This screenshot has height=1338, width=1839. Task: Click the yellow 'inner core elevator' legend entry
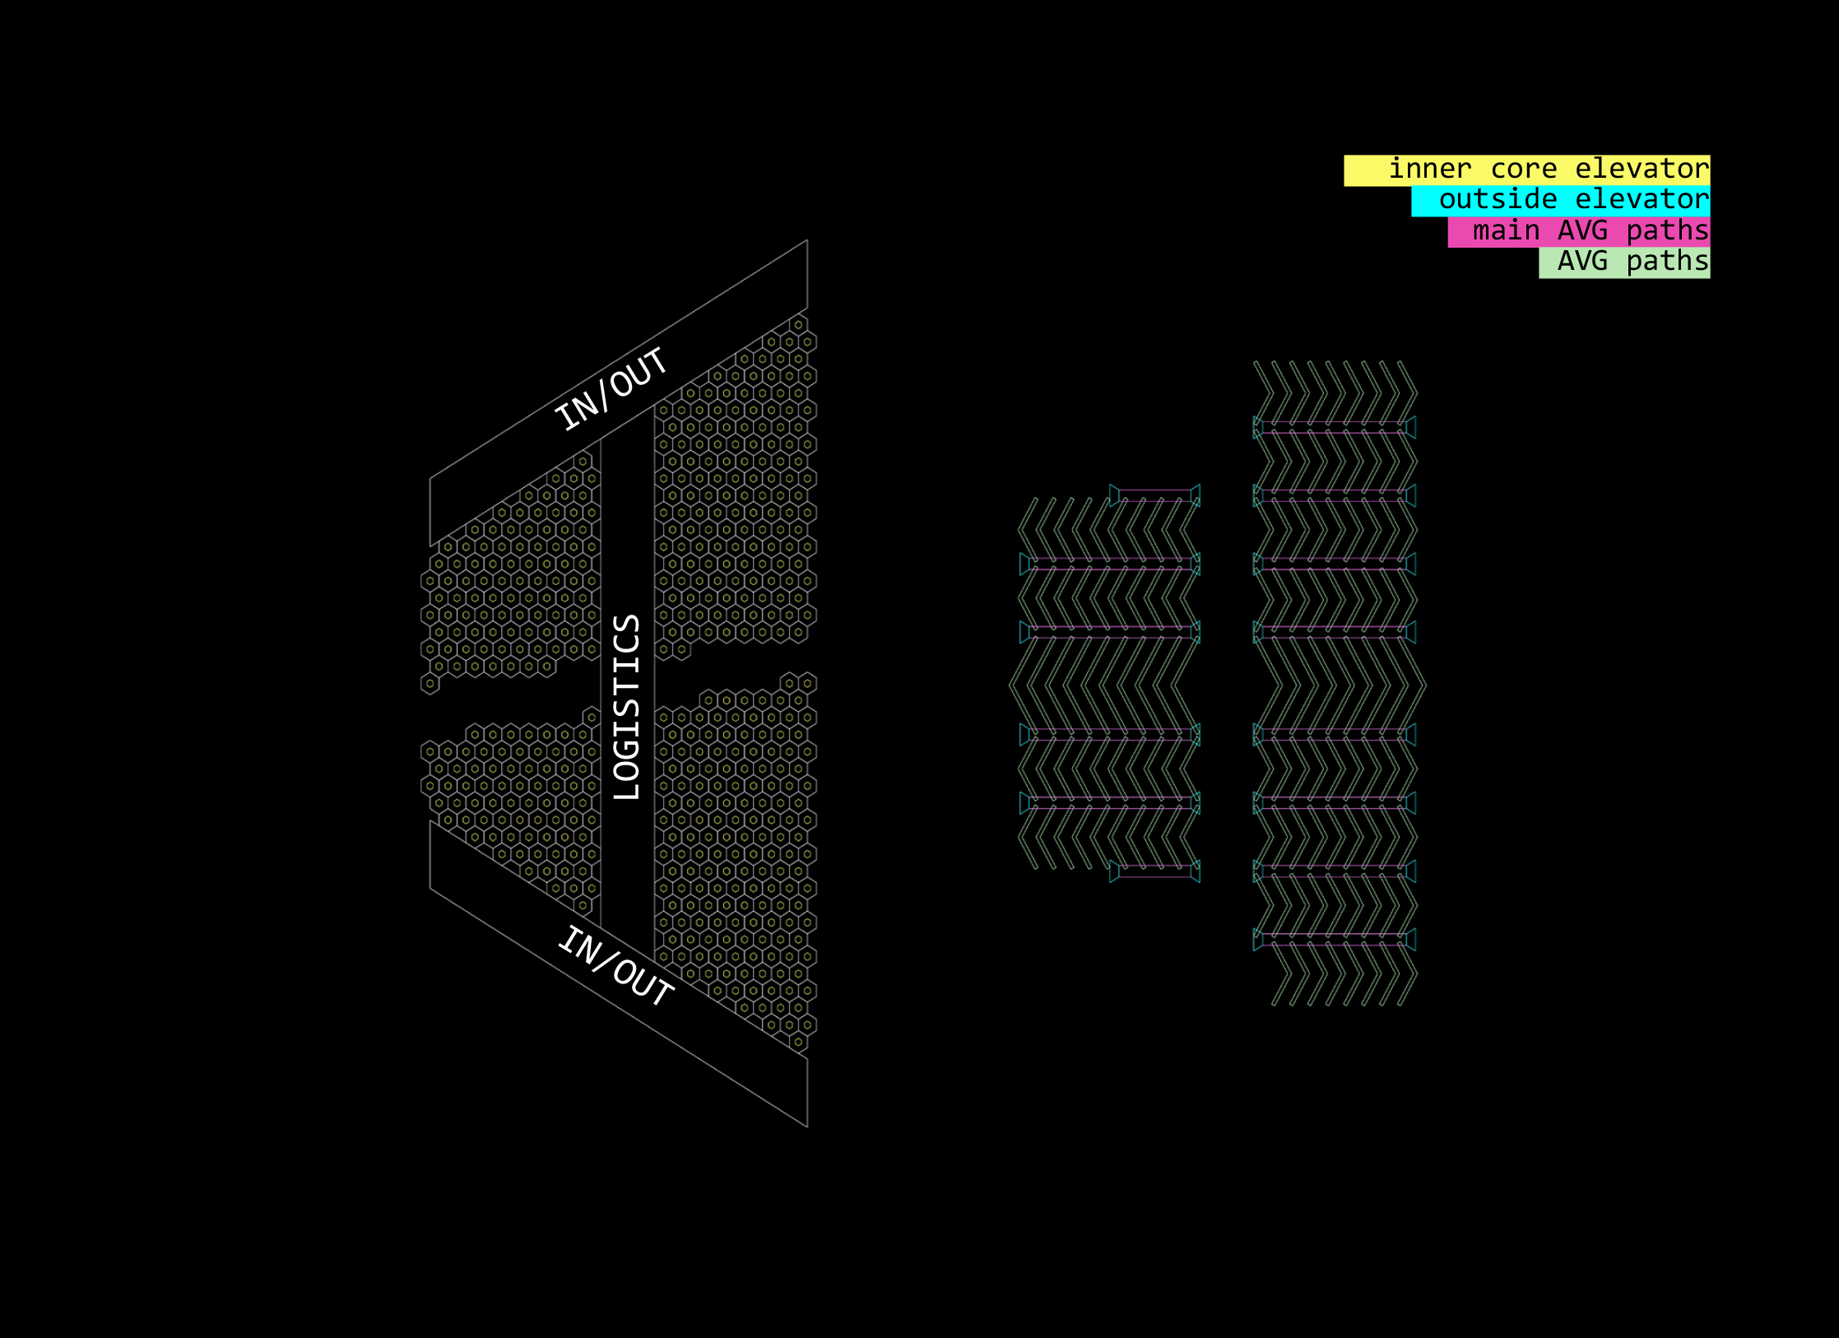1526,170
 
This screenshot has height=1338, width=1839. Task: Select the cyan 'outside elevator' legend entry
1560,201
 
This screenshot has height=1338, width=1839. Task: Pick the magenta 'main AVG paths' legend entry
1578,231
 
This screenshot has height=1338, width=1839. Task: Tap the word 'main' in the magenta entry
1506,231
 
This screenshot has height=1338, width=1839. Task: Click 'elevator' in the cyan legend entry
1642,200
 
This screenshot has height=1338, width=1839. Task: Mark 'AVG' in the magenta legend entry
1582,231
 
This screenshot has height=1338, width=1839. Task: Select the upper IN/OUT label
611,389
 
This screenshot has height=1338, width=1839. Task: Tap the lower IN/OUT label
615,967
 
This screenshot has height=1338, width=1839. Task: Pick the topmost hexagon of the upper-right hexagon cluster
798,324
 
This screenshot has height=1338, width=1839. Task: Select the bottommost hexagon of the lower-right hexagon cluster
798,1042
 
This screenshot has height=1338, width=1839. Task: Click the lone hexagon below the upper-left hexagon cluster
430,683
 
